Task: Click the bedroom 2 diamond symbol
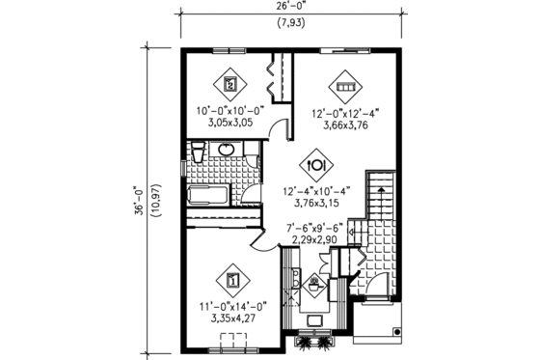[x=231, y=84]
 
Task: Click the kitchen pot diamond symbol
[x=315, y=285]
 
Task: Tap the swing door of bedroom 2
[x=277, y=127]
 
